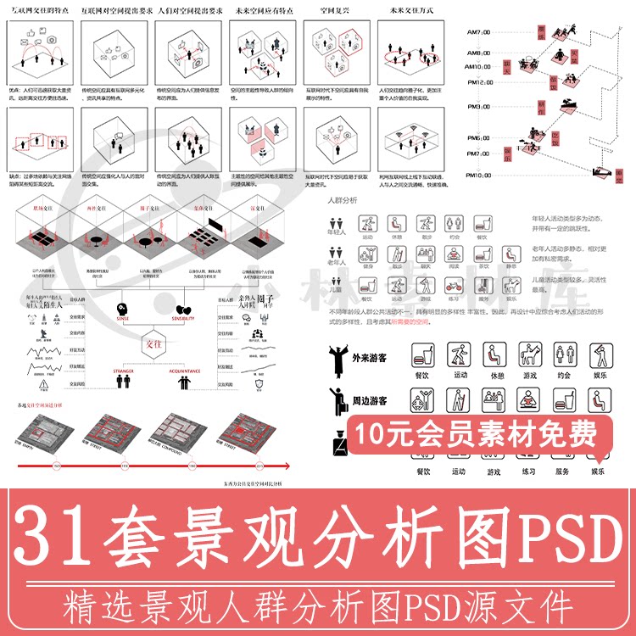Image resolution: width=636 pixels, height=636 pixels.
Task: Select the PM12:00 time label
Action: [479, 82]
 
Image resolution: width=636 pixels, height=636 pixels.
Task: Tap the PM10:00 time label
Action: [479, 176]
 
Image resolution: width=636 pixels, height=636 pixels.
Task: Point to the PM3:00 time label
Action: [479, 107]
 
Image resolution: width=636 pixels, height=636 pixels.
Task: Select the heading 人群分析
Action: [342, 200]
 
